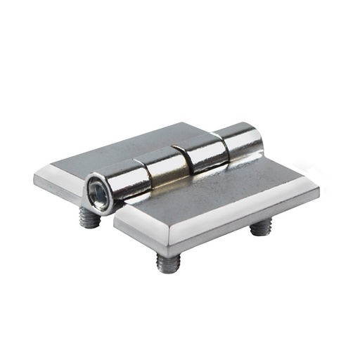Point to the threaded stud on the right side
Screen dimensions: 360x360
262,227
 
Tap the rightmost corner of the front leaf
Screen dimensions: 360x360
318,190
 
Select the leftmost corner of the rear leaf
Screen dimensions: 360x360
35,177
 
